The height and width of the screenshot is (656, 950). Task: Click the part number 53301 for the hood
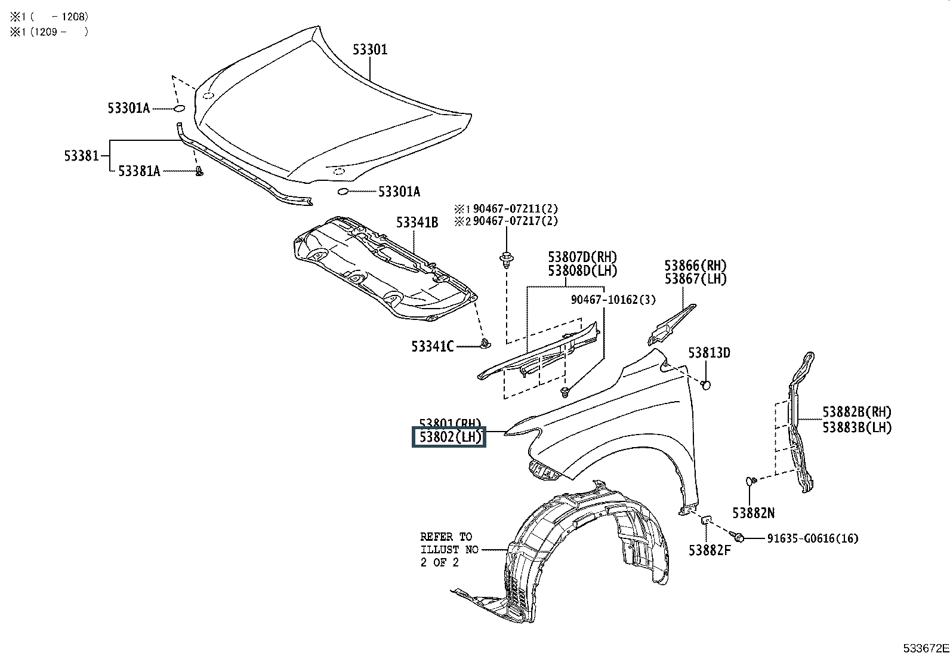point(369,50)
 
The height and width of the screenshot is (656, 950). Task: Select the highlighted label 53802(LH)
point(449,438)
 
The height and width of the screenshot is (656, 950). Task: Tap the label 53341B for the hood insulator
point(417,223)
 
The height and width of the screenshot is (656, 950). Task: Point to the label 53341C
point(432,346)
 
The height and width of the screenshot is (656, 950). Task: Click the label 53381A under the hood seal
point(139,171)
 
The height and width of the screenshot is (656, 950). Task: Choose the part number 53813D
point(709,353)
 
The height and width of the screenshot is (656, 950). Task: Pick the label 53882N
point(754,513)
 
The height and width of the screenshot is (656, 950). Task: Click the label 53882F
point(710,550)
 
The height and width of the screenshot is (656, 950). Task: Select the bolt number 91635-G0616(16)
point(812,538)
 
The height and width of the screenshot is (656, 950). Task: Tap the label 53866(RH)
point(696,265)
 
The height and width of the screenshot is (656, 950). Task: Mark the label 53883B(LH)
point(857,427)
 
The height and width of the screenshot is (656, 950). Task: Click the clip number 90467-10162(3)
point(613,300)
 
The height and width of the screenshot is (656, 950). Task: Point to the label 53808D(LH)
point(582,270)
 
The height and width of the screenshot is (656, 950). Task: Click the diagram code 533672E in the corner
point(924,648)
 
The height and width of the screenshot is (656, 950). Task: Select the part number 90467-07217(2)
point(516,221)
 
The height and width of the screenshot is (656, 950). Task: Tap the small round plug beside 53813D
point(705,384)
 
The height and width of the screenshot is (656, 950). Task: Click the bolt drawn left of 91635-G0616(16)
point(739,538)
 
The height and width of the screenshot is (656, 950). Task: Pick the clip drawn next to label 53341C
point(485,343)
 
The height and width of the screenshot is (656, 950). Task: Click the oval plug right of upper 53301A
point(179,109)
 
